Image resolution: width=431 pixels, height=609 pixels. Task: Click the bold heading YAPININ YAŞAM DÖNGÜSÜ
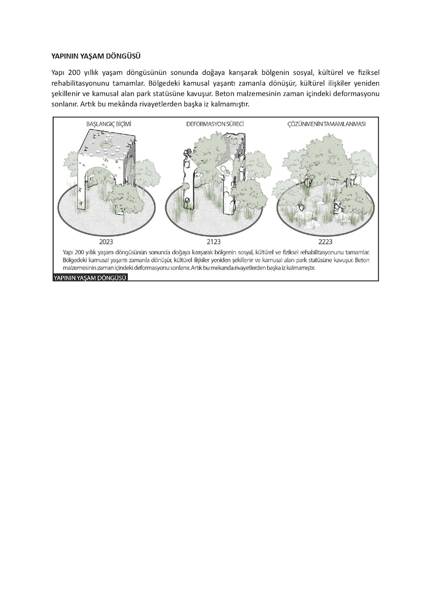(95, 56)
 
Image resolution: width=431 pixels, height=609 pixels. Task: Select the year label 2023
(106, 242)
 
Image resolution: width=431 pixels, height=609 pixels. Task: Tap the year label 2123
(213, 242)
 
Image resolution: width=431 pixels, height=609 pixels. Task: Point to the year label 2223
(325, 242)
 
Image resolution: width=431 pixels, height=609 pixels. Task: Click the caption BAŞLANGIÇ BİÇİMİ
(109, 124)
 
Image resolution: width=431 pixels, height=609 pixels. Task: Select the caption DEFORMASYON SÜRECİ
(215, 124)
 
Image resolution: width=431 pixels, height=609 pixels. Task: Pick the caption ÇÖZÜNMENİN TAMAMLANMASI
(326, 124)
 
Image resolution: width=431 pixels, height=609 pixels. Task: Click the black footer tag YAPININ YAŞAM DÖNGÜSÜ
(90, 278)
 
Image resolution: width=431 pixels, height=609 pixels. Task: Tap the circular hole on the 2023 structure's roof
(105, 144)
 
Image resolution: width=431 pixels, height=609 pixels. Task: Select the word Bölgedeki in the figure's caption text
(74, 260)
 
